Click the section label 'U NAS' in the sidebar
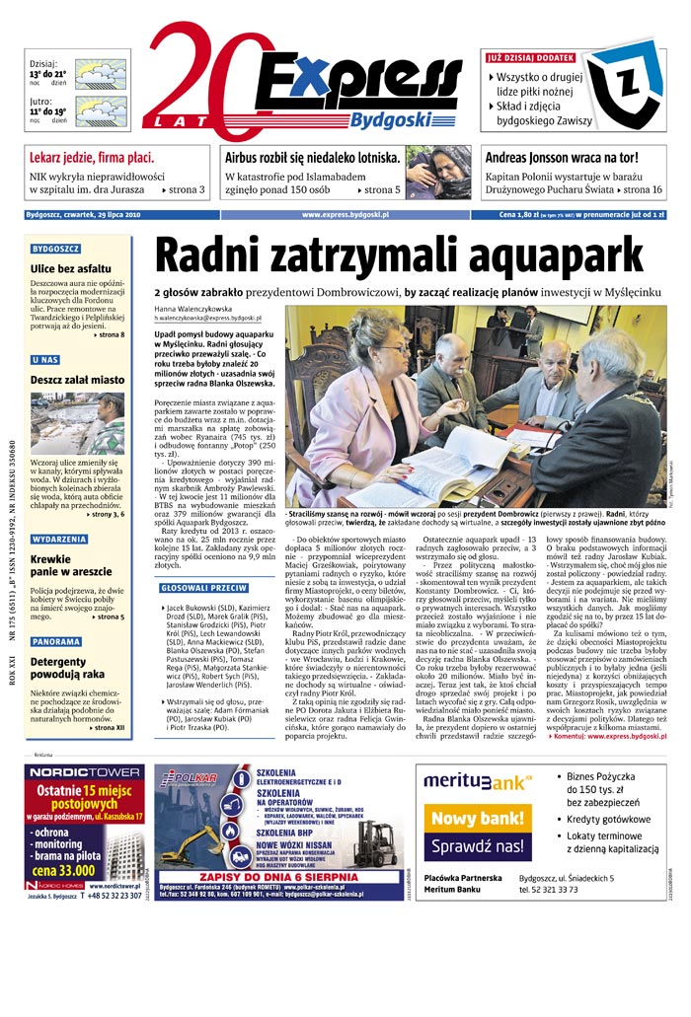coord(44,360)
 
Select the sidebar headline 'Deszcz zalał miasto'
coord(77,380)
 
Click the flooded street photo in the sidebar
coord(77,423)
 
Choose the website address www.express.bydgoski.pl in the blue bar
coord(345,214)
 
